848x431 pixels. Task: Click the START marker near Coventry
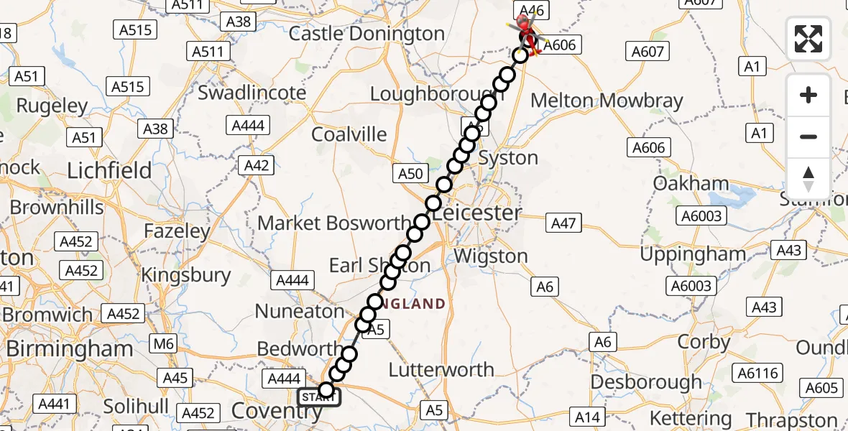316,397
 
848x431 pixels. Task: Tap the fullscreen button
808,39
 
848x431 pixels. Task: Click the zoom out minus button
808,136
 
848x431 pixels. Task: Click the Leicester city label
477,213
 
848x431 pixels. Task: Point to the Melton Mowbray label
607,101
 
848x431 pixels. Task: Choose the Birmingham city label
70,349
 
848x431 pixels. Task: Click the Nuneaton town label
300,312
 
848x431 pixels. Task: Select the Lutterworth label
441,370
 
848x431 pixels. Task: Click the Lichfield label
109,171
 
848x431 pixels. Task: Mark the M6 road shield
163,344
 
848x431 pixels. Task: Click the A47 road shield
563,223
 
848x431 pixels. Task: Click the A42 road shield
257,166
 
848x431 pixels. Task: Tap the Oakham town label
691,184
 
